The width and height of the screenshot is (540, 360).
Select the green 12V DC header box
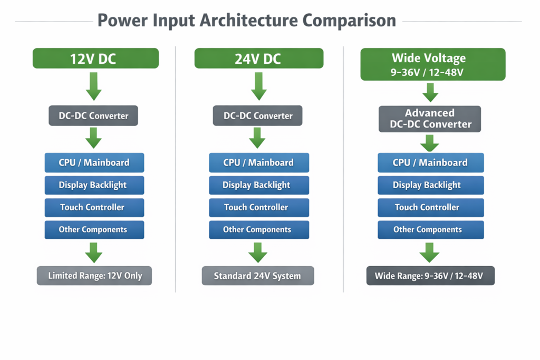(x=95, y=59)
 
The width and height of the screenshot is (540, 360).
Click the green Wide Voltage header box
(x=432, y=64)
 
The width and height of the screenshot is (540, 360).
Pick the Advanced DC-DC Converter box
(x=430, y=119)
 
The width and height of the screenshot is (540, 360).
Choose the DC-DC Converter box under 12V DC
(x=93, y=116)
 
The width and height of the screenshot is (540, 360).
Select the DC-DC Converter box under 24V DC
(x=257, y=116)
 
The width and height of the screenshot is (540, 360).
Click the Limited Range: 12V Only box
(x=94, y=276)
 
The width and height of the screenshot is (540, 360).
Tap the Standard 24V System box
(x=257, y=276)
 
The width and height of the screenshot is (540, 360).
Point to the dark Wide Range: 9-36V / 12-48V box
(x=430, y=276)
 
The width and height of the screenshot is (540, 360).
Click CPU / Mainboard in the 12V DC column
(x=94, y=162)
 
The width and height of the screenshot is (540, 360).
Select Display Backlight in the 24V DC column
(x=258, y=185)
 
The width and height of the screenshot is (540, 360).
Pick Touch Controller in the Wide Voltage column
(x=430, y=207)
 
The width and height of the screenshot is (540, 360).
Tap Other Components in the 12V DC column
(x=94, y=229)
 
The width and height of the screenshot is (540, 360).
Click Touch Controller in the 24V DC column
(x=258, y=207)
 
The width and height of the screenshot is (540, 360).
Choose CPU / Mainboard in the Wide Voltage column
(x=430, y=162)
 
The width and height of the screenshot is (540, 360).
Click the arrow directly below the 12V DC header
(x=94, y=86)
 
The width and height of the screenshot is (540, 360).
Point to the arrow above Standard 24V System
(x=258, y=252)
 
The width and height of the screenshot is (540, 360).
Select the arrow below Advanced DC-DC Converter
(x=430, y=143)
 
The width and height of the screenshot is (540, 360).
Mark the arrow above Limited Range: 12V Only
(x=94, y=252)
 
